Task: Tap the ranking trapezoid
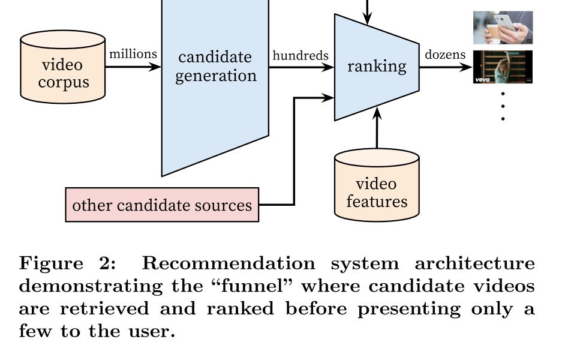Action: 376,67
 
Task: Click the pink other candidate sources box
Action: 162,205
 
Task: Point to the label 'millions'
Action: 133,54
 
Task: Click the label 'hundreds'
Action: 300,55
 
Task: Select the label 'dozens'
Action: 445,55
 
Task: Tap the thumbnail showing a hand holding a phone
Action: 503,28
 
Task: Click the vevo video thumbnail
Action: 503,67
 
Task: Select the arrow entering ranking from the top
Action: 368,12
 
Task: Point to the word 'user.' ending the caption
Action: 151,331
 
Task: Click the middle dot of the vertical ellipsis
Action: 503,106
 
